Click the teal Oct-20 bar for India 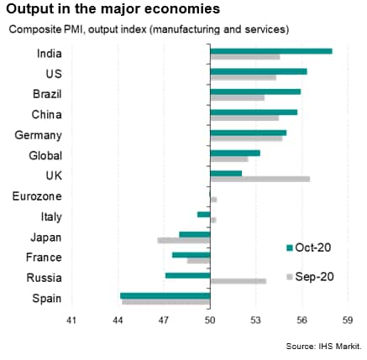[271, 51]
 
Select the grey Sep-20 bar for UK [260, 180]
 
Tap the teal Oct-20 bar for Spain [165, 296]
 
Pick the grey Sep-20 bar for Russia [239, 281]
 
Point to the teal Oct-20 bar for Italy [204, 215]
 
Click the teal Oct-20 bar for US [259, 71]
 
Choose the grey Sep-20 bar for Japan [184, 241]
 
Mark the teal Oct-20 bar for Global [235, 154]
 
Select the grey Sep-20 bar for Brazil [238, 98]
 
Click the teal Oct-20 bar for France [191, 255]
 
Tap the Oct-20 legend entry [308, 248]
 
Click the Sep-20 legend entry [310, 277]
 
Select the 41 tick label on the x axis [71, 321]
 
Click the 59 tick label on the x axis [348, 321]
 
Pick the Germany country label [38, 135]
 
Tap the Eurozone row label [37, 196]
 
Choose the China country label [46, 115]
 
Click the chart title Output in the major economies [113, 9]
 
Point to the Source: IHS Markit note [324, 347]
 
